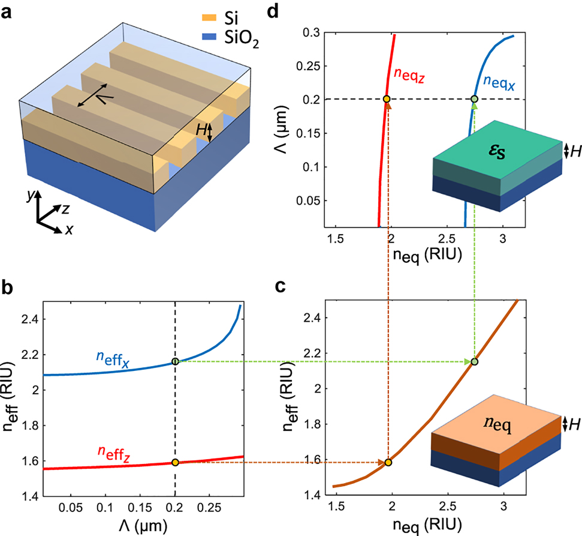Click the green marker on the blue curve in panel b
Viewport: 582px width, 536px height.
pos(175,361)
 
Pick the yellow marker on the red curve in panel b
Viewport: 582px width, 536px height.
pos(175,462)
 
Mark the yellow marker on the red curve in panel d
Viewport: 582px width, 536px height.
pos(387,99)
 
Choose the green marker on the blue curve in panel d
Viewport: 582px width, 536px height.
pos(474,99)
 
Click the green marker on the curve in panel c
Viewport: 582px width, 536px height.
pos(474,361)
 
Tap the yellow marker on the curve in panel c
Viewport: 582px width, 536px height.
pos(388,462)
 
